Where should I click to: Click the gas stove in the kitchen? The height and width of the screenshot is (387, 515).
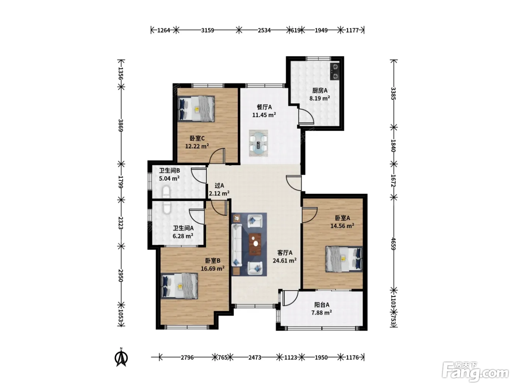click(x=335, y=72)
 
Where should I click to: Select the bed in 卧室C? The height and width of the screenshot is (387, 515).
click(x=196, y=109)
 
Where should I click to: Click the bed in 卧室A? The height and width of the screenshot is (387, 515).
click(x=344, y=259)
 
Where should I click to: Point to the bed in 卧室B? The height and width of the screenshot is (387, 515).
click(x=180, y=286)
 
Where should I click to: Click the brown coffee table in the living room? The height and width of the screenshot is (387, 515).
click(x=255, y=244)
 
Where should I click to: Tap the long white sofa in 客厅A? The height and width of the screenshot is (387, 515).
click(x=237, y=245)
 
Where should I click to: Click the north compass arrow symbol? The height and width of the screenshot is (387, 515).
click(x=121, y=357)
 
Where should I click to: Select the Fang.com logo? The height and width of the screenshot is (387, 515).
click(x=476, y=372)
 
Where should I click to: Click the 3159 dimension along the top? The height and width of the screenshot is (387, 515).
click(x=207, y=30)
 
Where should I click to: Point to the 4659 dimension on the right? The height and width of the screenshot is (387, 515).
click(x=394, y=244)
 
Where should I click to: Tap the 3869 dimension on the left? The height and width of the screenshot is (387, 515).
click(x=121, y=125)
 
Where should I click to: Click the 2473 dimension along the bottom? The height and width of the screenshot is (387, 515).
click(x=255, y=358)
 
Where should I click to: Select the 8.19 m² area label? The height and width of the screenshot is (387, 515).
click(x=320, y=98)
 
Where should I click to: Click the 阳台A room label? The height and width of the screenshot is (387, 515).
click(x=322, y=305)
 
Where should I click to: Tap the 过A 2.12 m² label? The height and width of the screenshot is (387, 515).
click(x=219, y=189)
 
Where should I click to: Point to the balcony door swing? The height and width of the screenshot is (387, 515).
click(x=291, y=298)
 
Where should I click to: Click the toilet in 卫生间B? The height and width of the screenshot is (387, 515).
click(x=166, y=191)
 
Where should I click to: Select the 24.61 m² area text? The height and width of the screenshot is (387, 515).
click(x=285, y=261)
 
